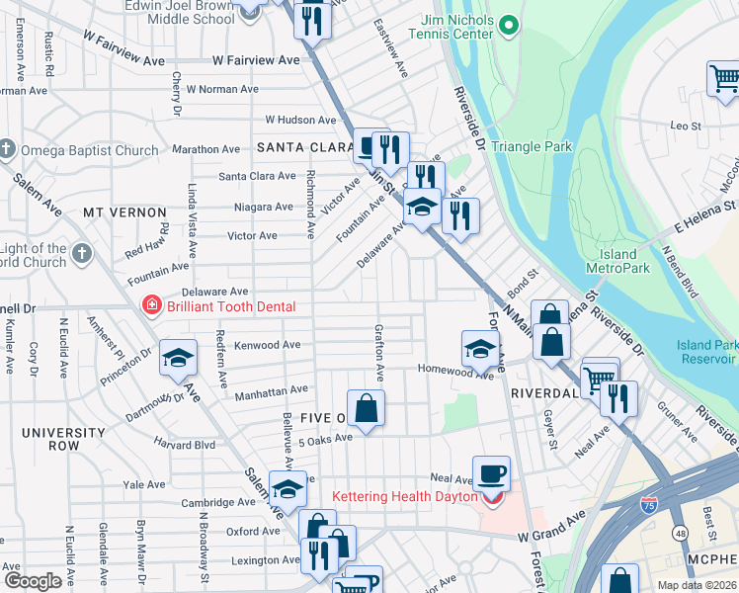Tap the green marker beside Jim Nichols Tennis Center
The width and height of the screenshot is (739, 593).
click(509, 25)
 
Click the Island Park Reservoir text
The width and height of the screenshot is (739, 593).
click(707, 351)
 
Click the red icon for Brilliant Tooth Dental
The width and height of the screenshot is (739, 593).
click(152, 305)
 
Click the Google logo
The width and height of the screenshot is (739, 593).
click(33, 581)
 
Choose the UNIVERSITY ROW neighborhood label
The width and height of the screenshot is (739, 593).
click(63, 439)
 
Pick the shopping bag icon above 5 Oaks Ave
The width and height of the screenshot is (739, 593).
click(366, 407)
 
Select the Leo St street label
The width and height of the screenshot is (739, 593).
click(686, 126)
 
